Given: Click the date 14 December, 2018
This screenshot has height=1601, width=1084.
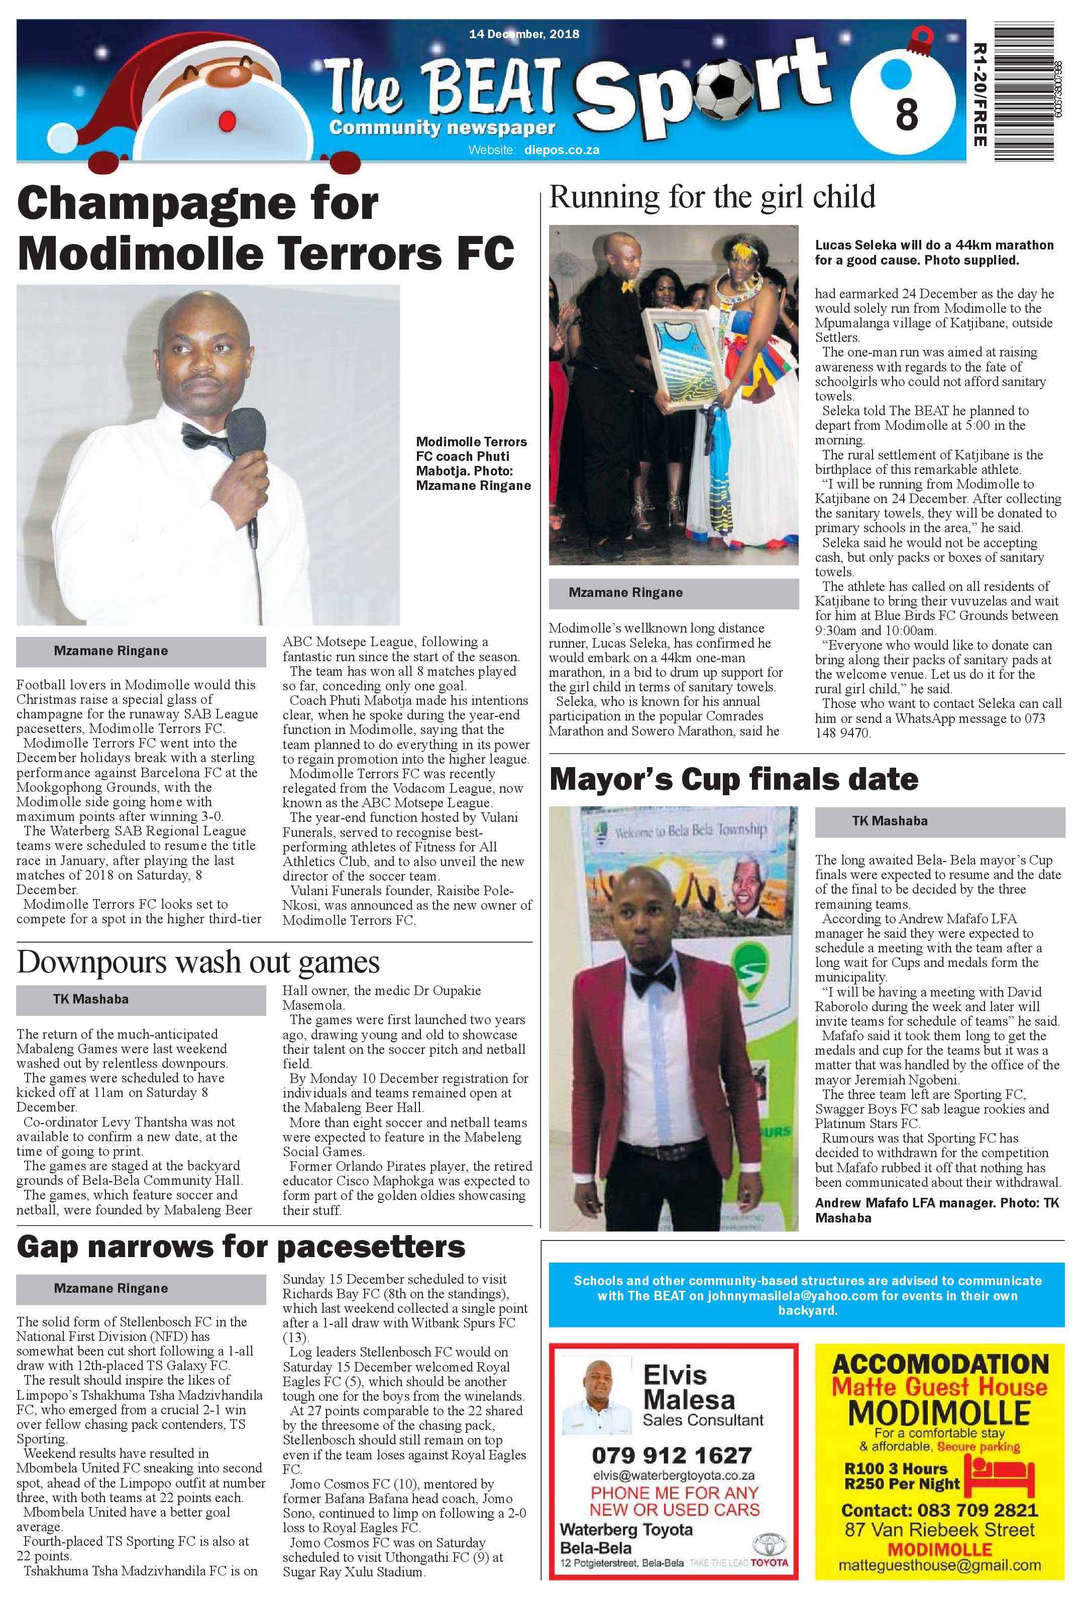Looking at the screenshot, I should click(x=524, y=34).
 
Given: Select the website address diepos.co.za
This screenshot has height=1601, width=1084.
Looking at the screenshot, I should click(x=562, y=150).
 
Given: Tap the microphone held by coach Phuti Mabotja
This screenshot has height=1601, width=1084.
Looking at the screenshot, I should click(x=247, y=434).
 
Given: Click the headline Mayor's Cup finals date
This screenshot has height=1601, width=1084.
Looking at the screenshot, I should click(x=733, y=779).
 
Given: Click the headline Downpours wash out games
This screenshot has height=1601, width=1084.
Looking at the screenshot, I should click(x=198, y=962).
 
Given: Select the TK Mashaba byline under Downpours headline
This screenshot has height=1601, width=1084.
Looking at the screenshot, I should click(x=91, y=999).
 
